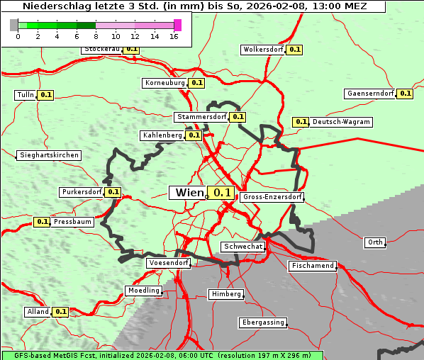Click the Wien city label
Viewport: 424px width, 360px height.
coord(188,192)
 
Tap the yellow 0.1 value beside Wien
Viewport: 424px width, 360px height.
coord(221,193)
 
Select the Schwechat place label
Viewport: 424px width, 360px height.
coord(243,247)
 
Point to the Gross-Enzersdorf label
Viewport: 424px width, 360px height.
coord(272,197)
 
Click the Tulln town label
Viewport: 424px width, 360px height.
coord(25,95)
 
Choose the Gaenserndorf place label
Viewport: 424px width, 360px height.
coord(369,94)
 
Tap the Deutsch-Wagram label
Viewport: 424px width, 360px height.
coord(341,122)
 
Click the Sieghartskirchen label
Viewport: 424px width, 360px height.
coord(49,155)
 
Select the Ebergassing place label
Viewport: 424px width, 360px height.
coord(262,322)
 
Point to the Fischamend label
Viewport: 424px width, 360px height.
coord(312,266)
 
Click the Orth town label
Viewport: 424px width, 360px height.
coord(375,242)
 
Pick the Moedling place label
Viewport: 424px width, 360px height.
coord(144,291)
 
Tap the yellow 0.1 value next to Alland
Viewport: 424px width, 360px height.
coord(61,311)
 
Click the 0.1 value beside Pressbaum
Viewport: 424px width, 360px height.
coord(43,222)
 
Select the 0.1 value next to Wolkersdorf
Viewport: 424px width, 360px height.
coord(294,50)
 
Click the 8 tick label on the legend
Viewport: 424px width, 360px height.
coord(96,36)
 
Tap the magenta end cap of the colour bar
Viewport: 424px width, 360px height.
coord(177,25)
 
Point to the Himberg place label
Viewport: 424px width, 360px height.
coord(226,294)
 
